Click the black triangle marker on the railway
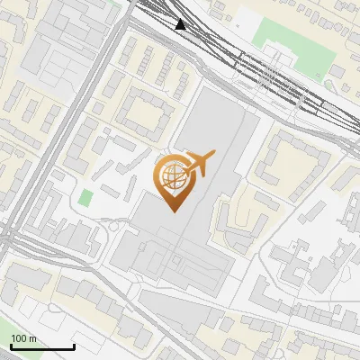pyautogui.click(x=182, y=24)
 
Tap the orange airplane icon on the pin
pyautogui.click(x=198, y=164)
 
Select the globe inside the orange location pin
pyautogui.click(x=171, y=177)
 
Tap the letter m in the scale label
pyautogui.click(x=32, y=338)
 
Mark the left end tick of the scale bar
pyautogui.click(x=11, y=346)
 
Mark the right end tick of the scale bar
pyautogui.click(x=74, y=346)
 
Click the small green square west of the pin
pyautogui.click(x=85, y=197)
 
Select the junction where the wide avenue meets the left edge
pyautogui.click(x=4, y=238)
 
